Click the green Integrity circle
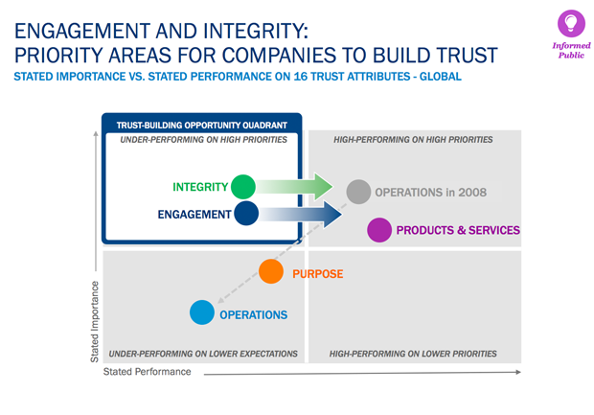243,187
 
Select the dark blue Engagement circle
246,214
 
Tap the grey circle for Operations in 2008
358,192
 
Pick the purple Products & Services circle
379,230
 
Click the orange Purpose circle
271,271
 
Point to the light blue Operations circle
202,312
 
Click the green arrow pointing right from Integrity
294,187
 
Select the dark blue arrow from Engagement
301,214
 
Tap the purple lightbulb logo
571,24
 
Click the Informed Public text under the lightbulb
571,51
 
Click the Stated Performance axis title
147,372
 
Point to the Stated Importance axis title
94,322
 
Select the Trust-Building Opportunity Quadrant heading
202,125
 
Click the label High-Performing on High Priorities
413,140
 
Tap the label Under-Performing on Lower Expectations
203,354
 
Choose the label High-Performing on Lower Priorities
413,354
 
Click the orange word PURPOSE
318,274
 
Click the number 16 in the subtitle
301,77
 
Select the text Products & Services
458,230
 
